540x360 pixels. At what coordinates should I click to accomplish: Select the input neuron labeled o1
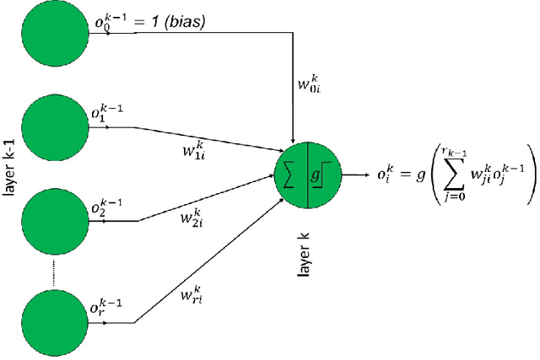tap(55, 129)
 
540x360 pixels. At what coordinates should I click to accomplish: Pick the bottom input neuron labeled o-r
tap(55, 323)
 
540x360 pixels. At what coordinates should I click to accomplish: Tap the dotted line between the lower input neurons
tap(55, 273)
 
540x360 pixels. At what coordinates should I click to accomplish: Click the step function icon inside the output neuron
tap(327, 175)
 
